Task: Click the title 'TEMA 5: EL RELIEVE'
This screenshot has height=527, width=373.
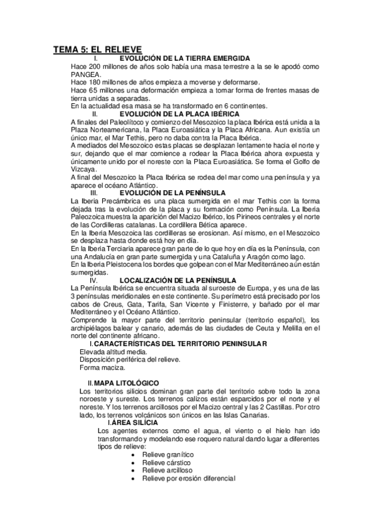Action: [x=97, y=49]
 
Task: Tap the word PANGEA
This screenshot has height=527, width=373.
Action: [x=86, y=74]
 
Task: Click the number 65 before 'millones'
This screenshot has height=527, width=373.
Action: [x=93, y=90]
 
